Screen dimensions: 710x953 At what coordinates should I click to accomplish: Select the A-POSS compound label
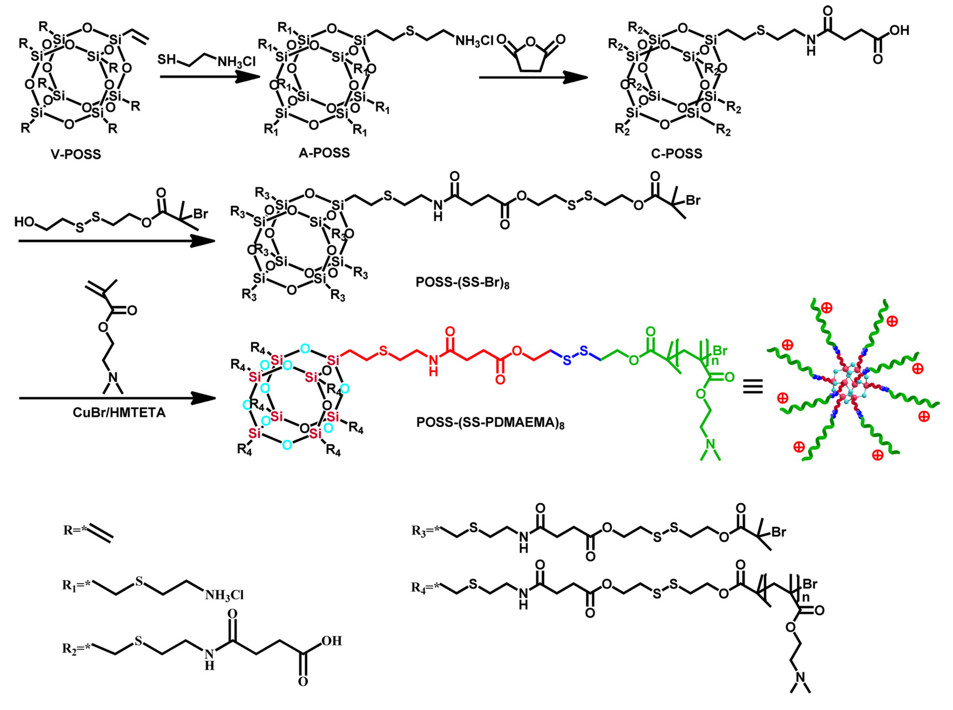click(324, 153)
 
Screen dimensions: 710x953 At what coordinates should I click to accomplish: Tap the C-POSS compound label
click(677, 153)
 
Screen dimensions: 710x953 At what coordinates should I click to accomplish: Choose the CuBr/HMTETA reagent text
click(119, 413)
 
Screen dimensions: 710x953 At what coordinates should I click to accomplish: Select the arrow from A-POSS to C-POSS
click(533, 78)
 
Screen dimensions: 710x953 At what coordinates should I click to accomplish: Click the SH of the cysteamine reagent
click(166, 59)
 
